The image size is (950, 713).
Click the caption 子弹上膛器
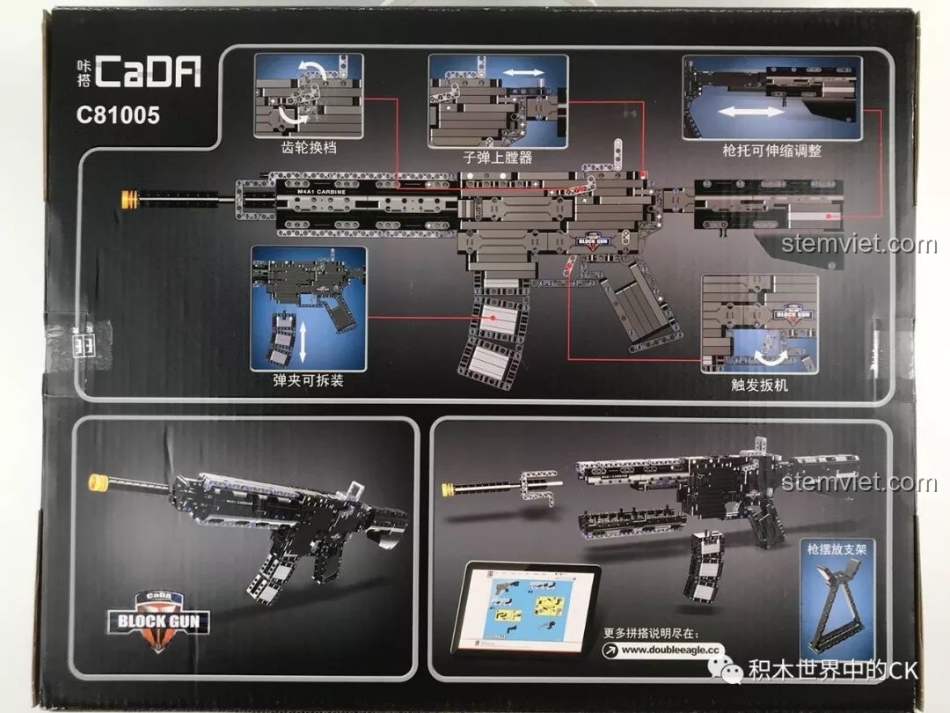(498, 158)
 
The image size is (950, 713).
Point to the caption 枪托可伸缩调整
(771, 151)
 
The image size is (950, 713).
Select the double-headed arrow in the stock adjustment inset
(750, 112)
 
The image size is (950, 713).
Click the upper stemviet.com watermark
(858, 244)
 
